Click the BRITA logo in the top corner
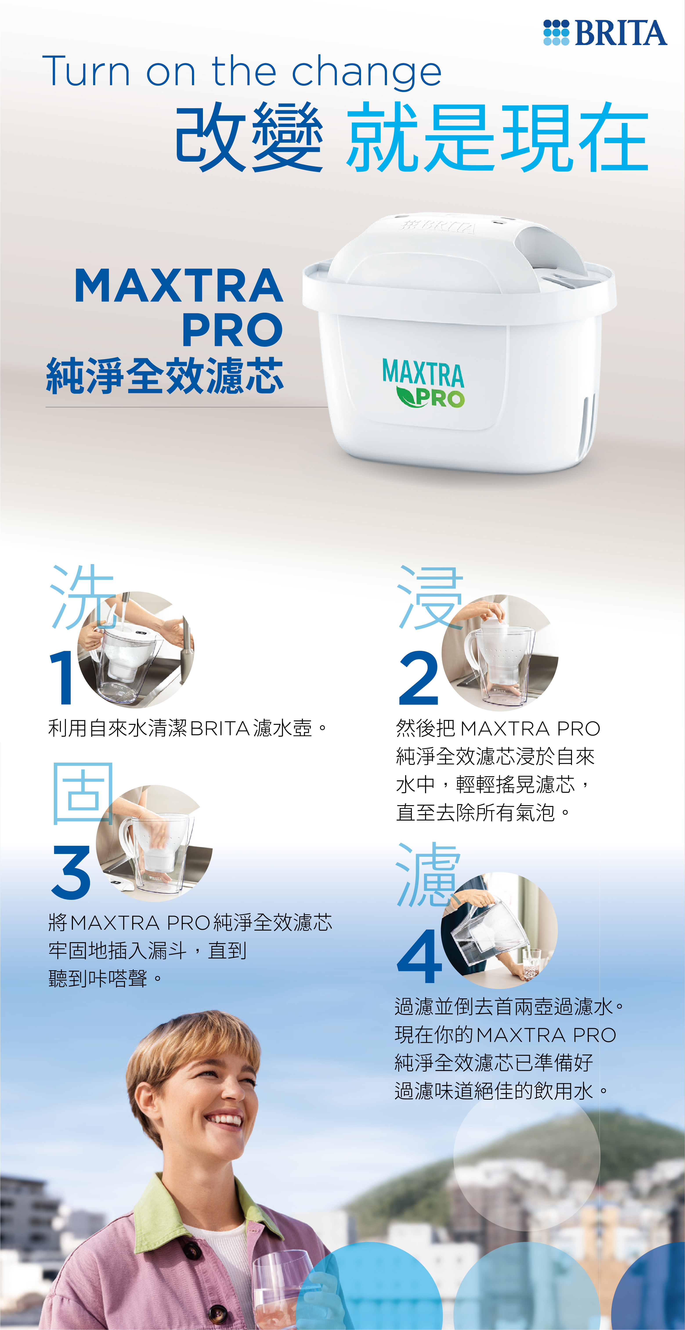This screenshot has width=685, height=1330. point(605,32)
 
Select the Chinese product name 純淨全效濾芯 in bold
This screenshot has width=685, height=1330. point(165,375)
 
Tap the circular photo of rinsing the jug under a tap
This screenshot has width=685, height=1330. point(135,650)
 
